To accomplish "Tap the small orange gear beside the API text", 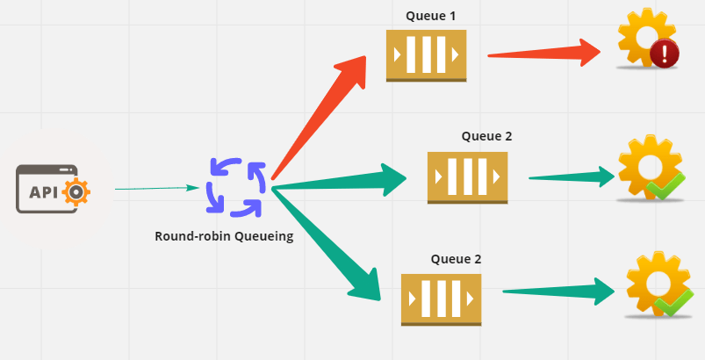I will tap(76, 191).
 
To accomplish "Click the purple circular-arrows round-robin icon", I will tap(235, 187).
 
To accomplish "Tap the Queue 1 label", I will tap(430, 16).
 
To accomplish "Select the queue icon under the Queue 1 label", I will tap(426, 55).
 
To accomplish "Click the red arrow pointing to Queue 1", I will tap(320, 114).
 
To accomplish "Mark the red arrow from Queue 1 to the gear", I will tap(544, 54).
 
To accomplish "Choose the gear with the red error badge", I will tap(645, 41).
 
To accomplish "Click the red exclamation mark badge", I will tap(665, 54).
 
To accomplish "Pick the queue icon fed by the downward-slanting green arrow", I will tap(441, 299).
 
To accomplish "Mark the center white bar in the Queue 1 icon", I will tap(426, 55).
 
